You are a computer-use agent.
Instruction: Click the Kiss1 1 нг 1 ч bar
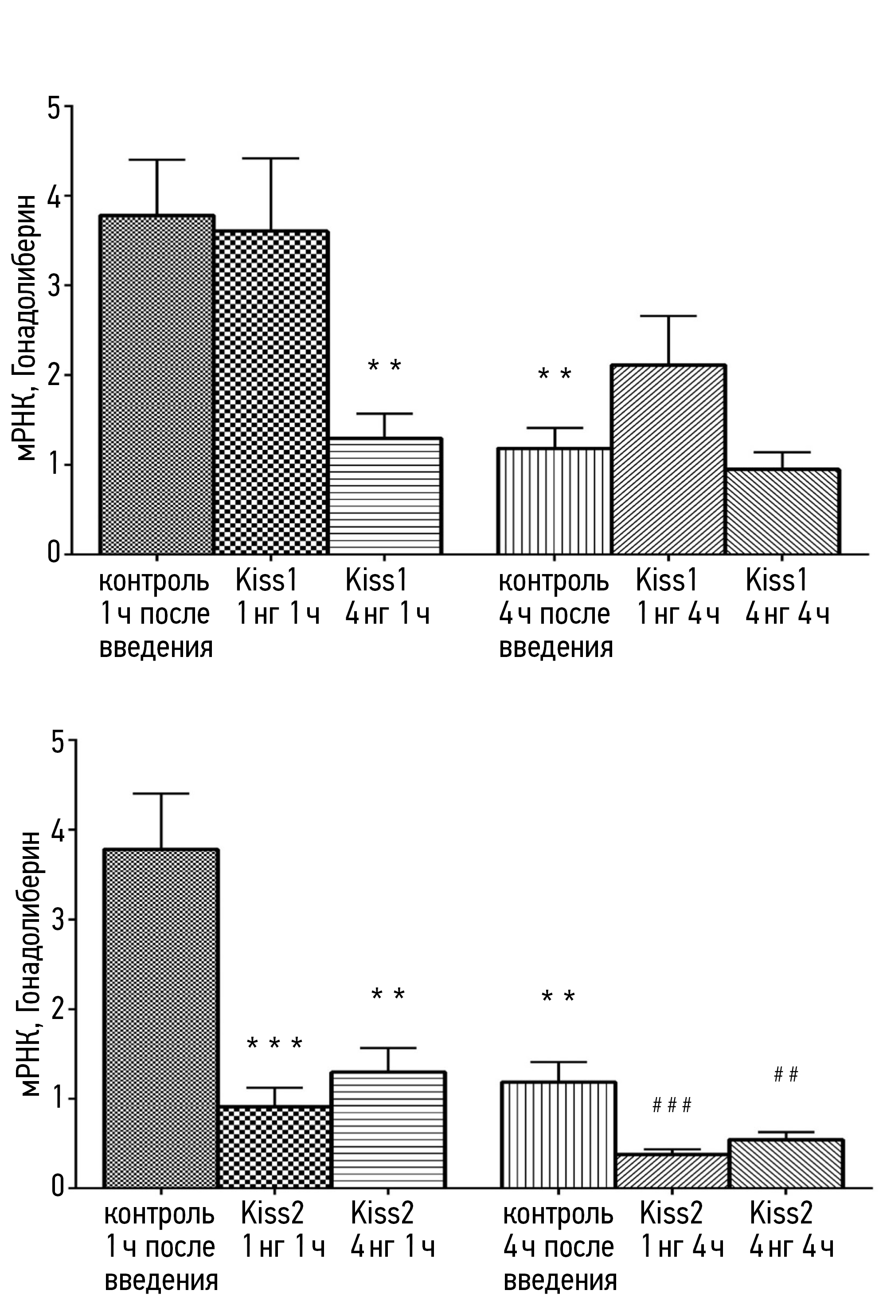[271, 392]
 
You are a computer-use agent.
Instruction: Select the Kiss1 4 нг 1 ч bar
[385, 496]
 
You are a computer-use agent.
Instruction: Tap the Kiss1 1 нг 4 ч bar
[668, 460]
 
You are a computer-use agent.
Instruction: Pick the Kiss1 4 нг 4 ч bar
[782, 511]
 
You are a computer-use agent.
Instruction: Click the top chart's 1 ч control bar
[157, 385]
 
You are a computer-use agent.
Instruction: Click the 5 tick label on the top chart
[55, 107]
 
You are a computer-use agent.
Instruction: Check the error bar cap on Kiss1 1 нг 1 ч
[271, 158]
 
